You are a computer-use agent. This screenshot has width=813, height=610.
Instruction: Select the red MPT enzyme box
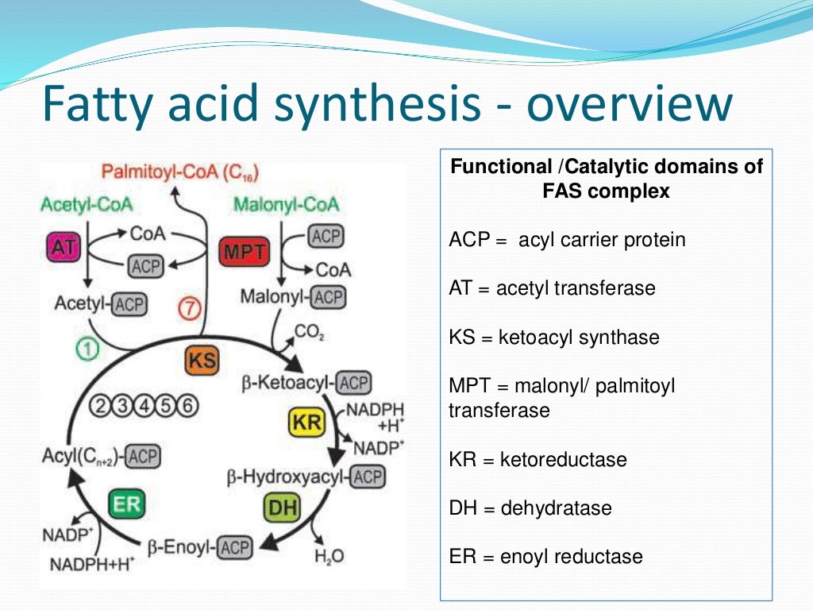[244, 253]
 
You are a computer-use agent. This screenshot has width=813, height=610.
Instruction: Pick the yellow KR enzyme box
[306, 422]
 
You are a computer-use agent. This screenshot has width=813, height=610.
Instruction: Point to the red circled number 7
[189, 311]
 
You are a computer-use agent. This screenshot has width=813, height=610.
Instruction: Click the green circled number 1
[85, 349]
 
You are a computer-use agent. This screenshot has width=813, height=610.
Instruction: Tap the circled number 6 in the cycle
[187, 405]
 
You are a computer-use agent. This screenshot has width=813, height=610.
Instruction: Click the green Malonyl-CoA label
[286, 204]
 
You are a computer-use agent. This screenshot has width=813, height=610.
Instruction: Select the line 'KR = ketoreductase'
[538, 460]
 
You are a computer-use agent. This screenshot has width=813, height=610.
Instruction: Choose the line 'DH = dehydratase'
[530, 508]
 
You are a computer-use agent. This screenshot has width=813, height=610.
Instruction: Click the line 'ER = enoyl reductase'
[545, 557]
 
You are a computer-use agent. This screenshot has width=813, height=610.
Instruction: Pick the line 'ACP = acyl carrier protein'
[567, 239]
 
